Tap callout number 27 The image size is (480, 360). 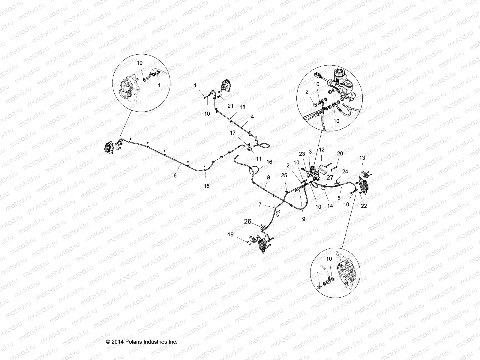[x=330, y=178]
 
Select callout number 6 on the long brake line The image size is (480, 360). [x=175, y=175]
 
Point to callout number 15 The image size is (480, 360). [x=206, y=186]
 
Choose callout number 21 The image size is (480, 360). [x=230, y=106]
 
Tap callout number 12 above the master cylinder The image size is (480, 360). [x=322, y=149]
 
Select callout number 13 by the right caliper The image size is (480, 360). [x=362, y=158]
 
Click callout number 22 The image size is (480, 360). [x=364, y=206]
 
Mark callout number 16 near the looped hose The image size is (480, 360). [x=269, y=162]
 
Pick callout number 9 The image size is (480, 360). [x=304, y=219]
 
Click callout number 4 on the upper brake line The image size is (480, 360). [x=252, y=117]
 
